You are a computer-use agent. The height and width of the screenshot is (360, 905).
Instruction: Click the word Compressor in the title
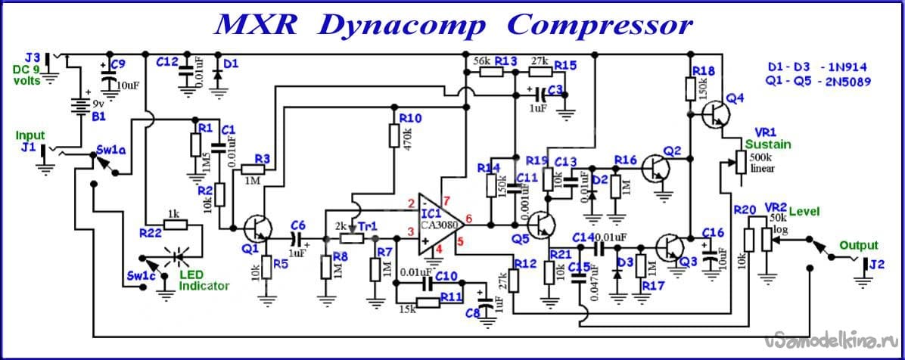(x=599, y=24)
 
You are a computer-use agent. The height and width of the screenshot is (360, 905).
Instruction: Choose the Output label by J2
(x=859, y=245)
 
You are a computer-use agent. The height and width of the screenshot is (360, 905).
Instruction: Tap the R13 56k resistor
(x=491, y=73)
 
